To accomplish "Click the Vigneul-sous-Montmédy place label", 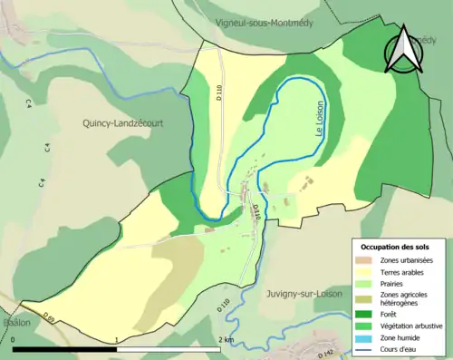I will (264, 23).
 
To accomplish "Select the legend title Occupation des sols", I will (395, 247).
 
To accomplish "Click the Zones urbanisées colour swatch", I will (365, 261).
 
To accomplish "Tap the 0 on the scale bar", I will (14, 340).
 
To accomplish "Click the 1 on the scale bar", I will (116, 340).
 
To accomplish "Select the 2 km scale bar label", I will (226, 340).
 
